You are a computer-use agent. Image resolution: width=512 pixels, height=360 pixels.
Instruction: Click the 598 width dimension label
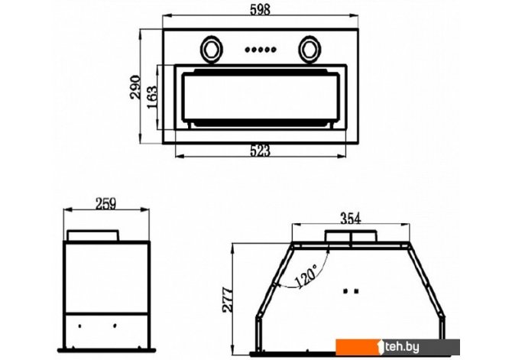point(261,9)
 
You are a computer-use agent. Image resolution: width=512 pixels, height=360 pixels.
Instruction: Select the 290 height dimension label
point(135,87)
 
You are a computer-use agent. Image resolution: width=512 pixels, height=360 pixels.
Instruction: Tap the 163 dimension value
point(152,97)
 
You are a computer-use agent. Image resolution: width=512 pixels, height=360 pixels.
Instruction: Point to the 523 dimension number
point(261,151)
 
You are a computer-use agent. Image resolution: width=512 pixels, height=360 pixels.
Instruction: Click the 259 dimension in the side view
point(105,204)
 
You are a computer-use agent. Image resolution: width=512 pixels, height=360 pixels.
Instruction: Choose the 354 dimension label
point(351,219)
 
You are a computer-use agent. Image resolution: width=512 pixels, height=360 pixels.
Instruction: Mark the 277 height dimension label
point(228,300)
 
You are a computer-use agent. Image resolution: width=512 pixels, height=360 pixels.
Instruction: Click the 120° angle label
point(306,276)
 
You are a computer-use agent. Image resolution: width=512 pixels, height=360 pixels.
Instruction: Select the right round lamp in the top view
point(309,49)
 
